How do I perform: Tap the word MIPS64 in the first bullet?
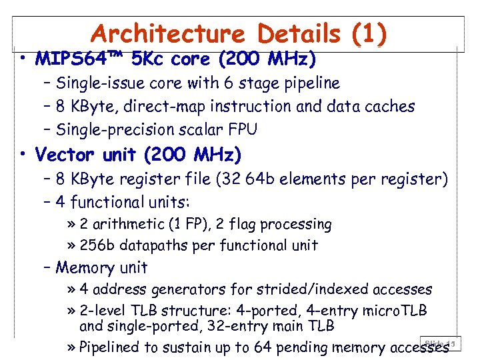(70, 59)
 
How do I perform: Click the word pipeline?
(310, 83)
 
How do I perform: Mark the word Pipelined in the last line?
(108, 347)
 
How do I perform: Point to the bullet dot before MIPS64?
(23, 59)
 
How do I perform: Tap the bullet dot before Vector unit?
(23, 155)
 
